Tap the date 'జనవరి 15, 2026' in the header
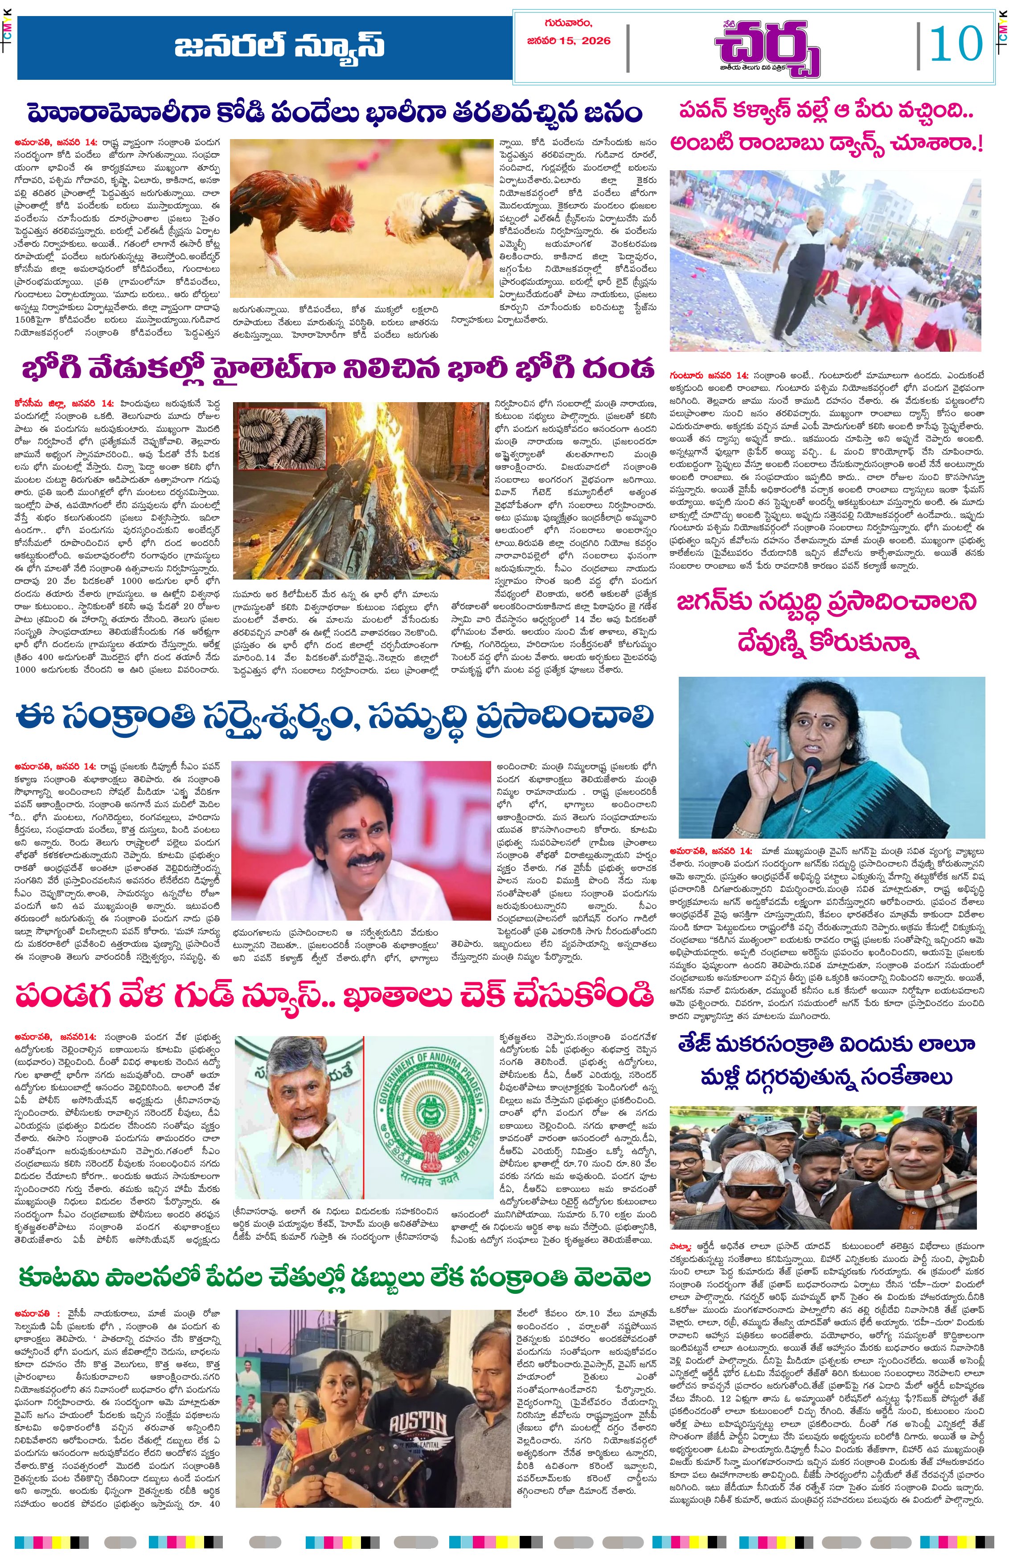(568, 41)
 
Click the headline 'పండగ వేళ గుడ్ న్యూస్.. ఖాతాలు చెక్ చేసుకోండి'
(335, 996)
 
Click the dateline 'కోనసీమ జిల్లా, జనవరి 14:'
(64, 404)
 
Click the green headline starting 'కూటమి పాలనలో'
(335, 1278)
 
